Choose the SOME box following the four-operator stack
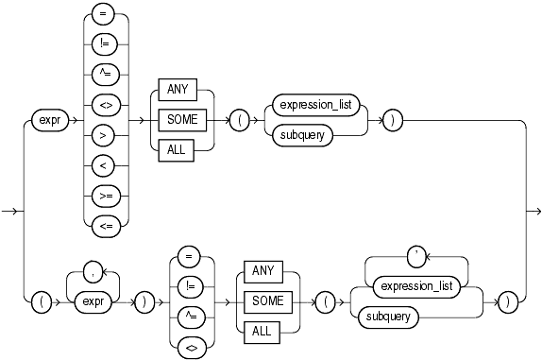(x=267, y=301)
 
